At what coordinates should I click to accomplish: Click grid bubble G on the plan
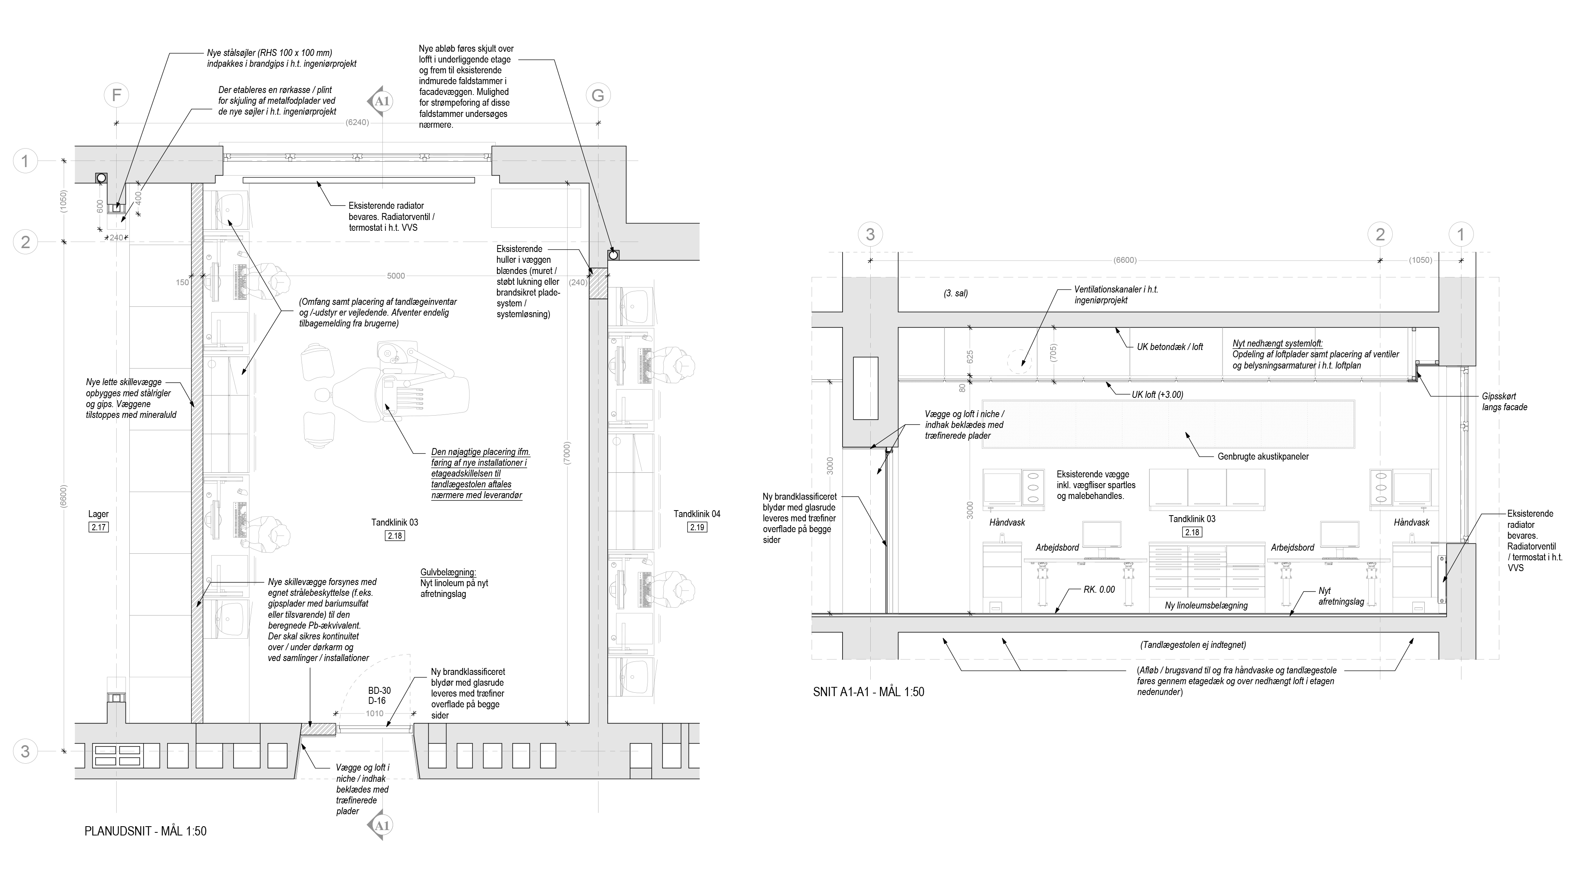pyautogui.click(x=598, y=95)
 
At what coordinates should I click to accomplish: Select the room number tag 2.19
pyautogui.click(x=697, y=527)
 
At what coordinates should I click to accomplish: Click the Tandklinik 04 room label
pyautogui.click(x=697, y=514)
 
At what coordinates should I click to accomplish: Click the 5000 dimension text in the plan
pyautogui.click(x=396, y=276)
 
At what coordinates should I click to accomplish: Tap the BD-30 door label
pyautogui.click(x=379, y=690)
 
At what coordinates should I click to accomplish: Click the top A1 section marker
pyautogui.click(x=381, y=101)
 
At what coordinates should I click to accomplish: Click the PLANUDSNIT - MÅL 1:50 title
pyautogui.click(x=145, y=831)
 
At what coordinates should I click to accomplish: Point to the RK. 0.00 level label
pyautogui.click(x=1099, y=589)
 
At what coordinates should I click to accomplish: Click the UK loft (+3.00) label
pyautogui.click(x=1158, y=395)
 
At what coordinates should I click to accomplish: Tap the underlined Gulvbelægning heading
pyautogui.click(x=448, y=572)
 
